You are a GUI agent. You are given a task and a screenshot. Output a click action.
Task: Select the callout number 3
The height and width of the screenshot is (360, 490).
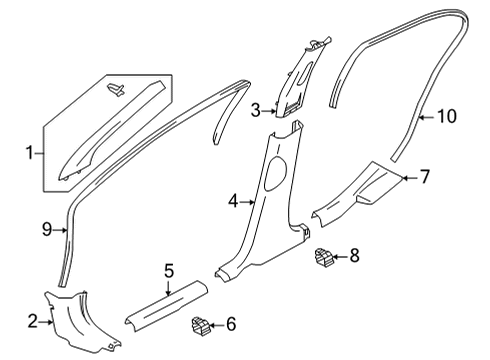[256, 109]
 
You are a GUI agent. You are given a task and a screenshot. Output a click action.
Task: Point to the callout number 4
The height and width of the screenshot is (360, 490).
[233, 201]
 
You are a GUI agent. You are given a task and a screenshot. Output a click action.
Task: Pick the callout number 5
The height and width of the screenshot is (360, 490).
[169, 269]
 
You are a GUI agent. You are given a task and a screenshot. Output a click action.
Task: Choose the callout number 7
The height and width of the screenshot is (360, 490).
[424, 178]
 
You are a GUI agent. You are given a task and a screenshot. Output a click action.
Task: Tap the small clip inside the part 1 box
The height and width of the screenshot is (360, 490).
[116, 91]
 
